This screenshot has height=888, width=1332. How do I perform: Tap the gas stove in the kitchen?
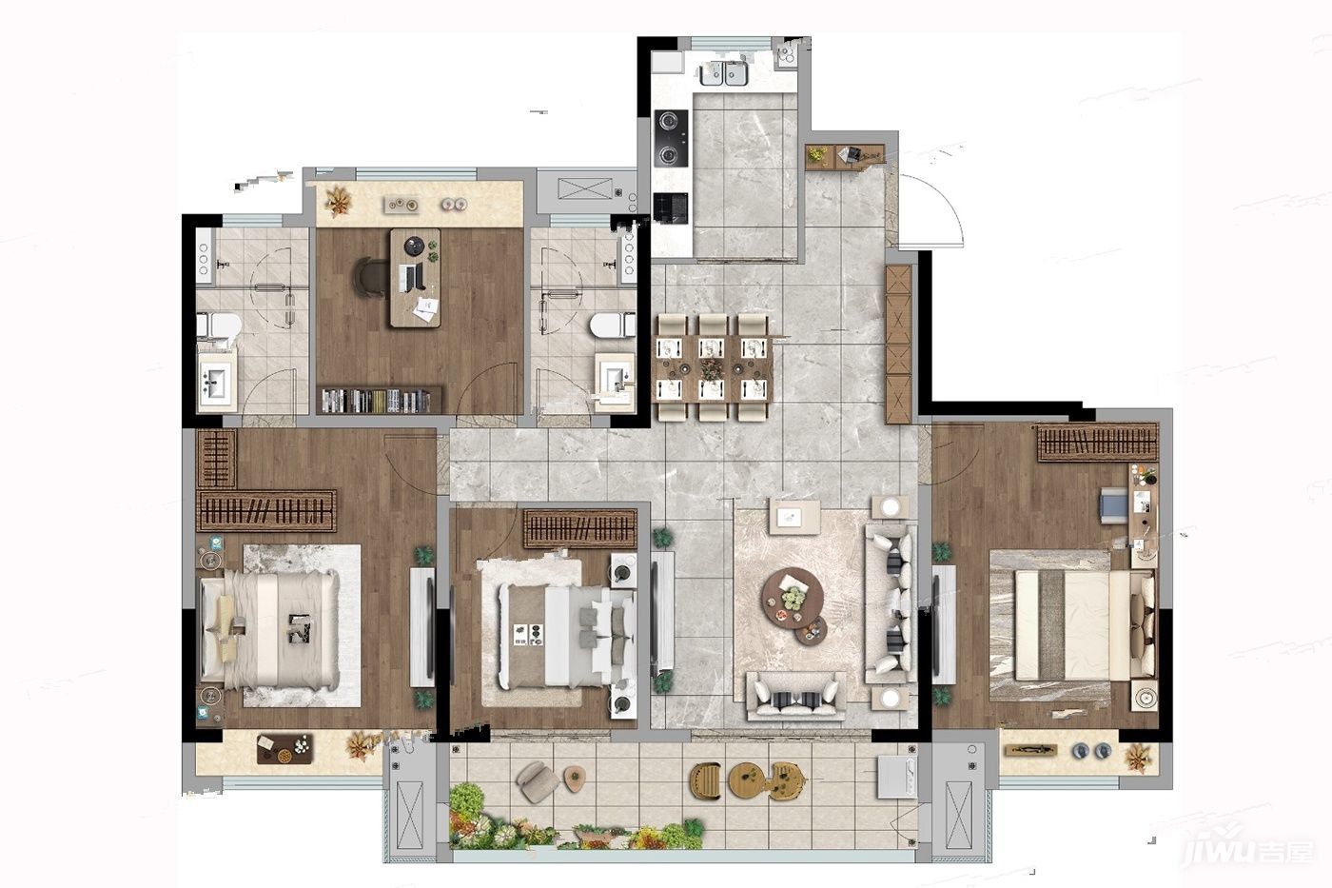[x=672, y=139]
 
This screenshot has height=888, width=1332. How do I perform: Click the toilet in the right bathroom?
[x=613, y=326]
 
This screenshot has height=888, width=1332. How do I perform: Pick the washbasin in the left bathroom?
[x=215, y=382]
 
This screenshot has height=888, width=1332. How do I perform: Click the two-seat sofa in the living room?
[x=796, y=696]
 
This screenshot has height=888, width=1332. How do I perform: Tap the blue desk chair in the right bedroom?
[x=1114, y=505]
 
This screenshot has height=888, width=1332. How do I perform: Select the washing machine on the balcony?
[x=897, y=775]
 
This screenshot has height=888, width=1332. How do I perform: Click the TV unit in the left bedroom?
[x=422, y=627]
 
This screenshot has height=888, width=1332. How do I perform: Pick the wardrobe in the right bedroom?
[x=1098, y=442]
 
